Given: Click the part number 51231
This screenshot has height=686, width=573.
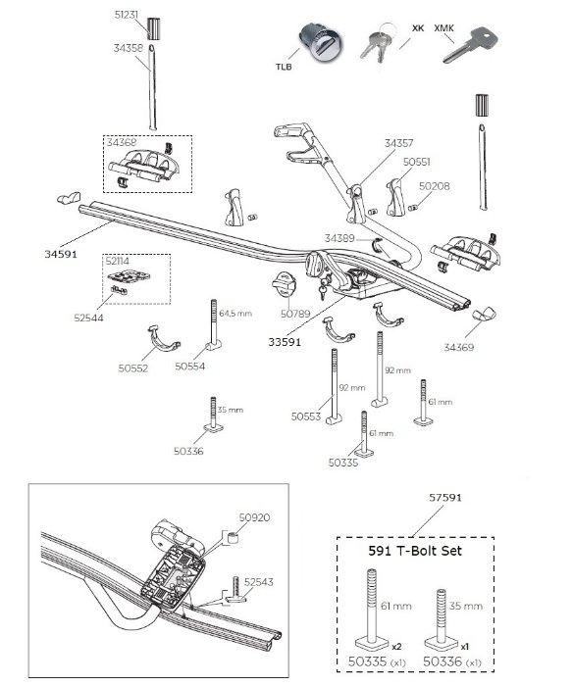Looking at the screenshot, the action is (127, 15).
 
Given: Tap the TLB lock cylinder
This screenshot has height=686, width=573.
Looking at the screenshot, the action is (321, 44).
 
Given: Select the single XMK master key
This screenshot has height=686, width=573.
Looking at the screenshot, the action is (470, 45).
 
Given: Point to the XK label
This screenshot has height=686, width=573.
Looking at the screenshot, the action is (418, 28).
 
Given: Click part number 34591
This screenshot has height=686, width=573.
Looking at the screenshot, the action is (61, 254).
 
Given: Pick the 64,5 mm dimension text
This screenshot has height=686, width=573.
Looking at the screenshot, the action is (235, 314).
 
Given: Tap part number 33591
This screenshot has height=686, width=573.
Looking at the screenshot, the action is (285, 342).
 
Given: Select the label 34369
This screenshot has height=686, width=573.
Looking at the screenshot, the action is (458, 347).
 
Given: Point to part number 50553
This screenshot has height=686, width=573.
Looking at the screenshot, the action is (306, 416).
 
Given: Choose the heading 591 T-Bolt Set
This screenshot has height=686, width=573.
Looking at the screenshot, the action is (415, 551).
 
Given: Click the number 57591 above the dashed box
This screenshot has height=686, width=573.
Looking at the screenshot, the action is (445, 498).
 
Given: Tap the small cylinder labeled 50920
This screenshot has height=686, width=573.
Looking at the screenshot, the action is (232, 538).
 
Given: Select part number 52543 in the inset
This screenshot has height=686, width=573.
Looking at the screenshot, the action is (258, 582).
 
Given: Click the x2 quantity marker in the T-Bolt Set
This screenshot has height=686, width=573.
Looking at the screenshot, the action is (396, 647).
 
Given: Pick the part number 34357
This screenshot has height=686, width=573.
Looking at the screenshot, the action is (399, 143).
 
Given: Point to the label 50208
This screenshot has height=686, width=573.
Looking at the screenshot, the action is (434, 186).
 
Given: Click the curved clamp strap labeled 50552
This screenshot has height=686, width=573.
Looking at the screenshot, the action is (162, 339).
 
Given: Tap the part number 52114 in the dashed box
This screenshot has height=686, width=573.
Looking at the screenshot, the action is (118, 262).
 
